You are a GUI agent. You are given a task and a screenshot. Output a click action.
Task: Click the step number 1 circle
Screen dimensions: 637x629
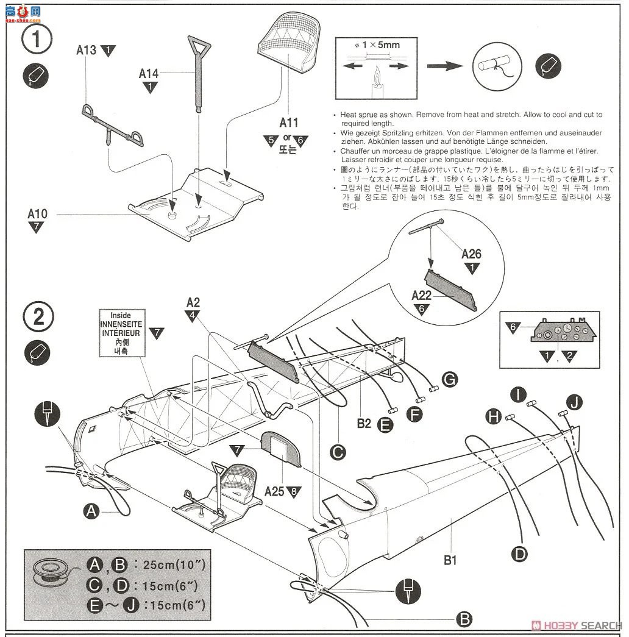click(37, 38)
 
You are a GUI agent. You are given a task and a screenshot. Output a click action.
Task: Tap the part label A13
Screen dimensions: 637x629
click(87, 50)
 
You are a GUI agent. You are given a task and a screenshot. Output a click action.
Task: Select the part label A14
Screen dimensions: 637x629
click(149, 74)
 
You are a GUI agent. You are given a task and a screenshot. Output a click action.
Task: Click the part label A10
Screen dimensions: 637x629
click(37, 214)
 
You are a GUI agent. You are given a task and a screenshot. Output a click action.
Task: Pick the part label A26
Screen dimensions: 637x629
click(471, 254)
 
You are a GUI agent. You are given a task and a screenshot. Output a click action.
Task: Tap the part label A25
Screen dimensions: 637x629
click(274, 491)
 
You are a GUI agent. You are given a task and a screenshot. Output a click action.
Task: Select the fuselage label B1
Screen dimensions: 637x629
click(450, 560)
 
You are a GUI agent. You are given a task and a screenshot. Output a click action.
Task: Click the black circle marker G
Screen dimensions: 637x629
click(449, 380)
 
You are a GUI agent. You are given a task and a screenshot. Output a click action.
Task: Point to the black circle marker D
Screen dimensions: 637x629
click(519, 553)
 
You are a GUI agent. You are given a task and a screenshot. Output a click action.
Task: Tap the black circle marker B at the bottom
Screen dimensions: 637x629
click(464, 619)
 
